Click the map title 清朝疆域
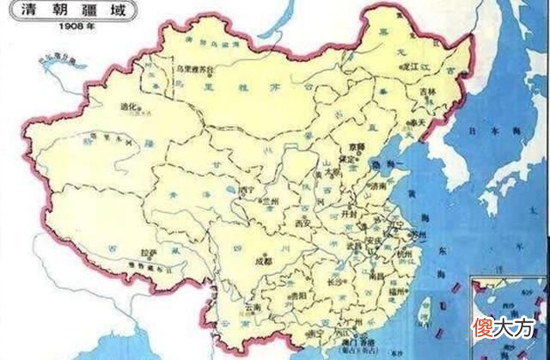coord(42,11)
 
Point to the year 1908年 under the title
coord(41,26)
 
